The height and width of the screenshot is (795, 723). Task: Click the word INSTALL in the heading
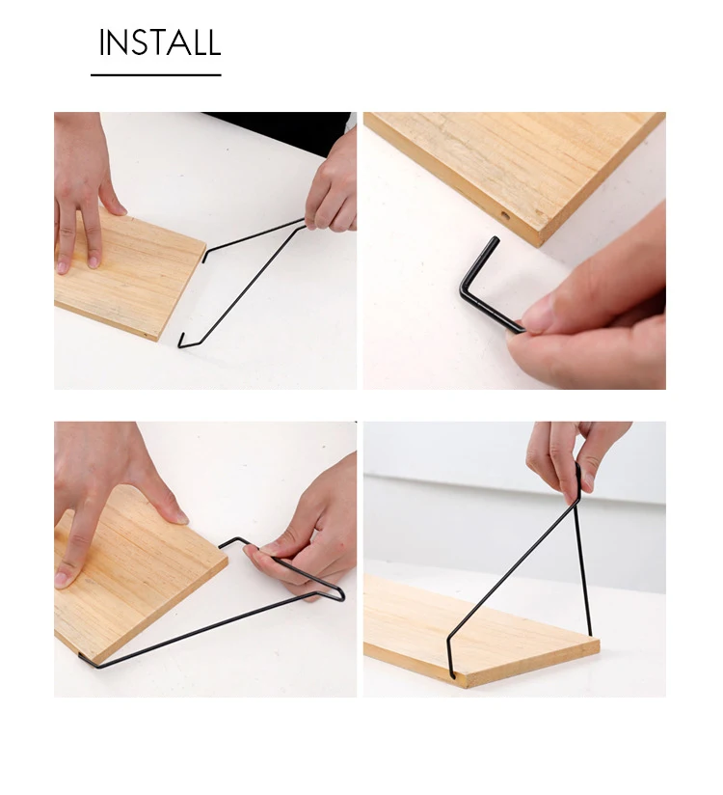tap(160, 42)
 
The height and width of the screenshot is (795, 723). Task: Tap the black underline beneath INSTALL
tap(156, 75)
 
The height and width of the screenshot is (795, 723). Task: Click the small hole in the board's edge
tap(505, 215)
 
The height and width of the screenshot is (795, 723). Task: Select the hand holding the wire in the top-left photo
tap(332, 187)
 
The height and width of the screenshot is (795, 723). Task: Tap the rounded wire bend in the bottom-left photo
tap(338, 594)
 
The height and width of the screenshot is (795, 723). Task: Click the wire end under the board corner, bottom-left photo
tap(91, 661)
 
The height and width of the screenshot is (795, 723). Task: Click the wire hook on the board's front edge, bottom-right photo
tap(450, 659)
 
